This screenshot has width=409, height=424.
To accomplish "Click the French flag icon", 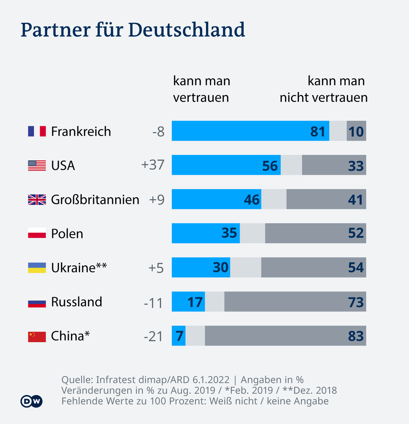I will click(x=37, y=131).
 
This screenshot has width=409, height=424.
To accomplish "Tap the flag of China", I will click(x=37, y=336).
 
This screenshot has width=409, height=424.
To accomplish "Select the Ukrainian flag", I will click(x=37, y=268).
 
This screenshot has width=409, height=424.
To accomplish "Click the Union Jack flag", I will click(x=37, y=199).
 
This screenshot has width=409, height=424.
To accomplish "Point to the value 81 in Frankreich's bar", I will click(x=318, y=131).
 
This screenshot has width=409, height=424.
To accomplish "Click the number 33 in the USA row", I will click(x=356, y=166).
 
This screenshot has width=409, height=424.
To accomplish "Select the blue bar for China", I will click(x=179, y=336).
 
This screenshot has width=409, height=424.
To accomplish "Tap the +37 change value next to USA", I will click(x=153, y=165).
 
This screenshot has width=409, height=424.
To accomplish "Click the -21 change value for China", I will click(x=153, y=336).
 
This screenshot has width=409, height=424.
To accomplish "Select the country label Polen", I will click(x=67, y=234).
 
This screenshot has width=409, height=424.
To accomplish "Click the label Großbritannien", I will click(x=95, y=199).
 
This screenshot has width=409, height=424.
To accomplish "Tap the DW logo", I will click(x=32, y=401).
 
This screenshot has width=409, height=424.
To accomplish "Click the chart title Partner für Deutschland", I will click(x=133, y=30).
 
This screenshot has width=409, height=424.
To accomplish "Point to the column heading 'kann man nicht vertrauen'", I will click(x=323, y=89).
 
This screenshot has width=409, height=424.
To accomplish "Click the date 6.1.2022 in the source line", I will click(x=211, y=380).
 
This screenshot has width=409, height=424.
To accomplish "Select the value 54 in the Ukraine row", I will click(x=356, y=268).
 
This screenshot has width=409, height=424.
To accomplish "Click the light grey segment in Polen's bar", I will click(x=252, y=233).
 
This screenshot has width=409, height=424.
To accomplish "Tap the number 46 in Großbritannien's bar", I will click(x=252, y=200).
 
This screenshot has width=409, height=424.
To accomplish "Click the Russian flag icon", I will click(x=37, y=302).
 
